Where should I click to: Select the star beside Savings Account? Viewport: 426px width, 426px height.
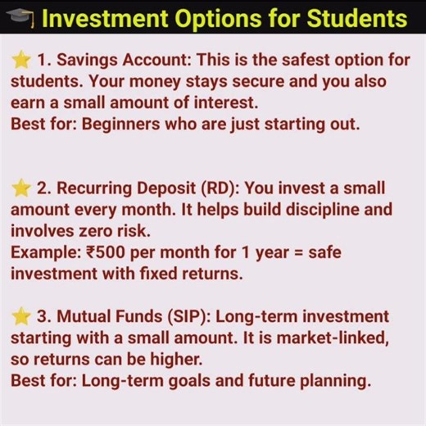point(20,60)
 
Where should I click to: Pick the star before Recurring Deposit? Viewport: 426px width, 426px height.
point(20,188)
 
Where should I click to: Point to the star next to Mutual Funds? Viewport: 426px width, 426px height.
point(20,316)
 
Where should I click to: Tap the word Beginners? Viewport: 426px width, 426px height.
point(116,125)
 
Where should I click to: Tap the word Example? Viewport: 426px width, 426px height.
point(43,252)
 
